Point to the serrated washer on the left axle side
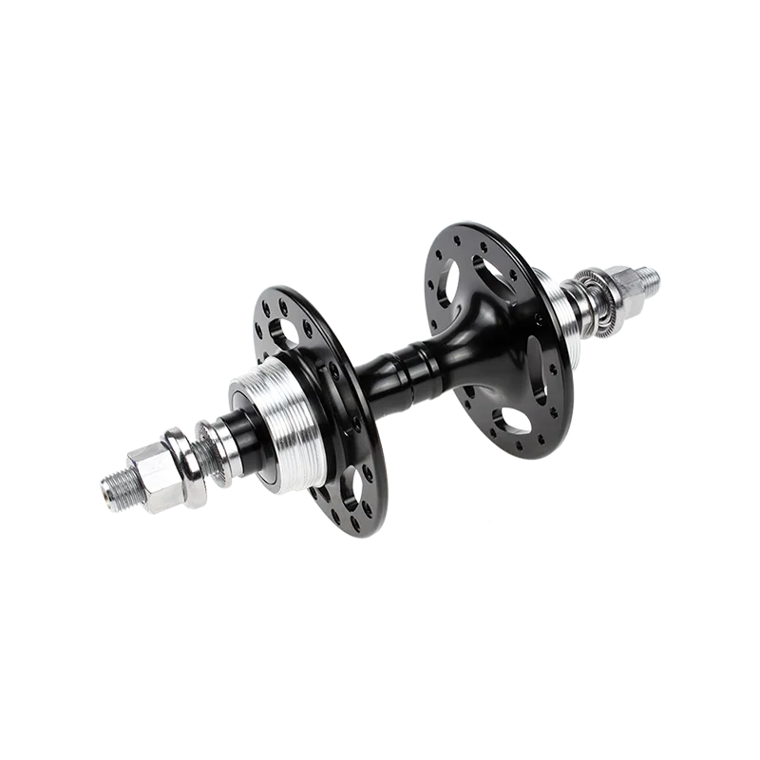[211, 438]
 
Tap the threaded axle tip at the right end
[650, 277]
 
